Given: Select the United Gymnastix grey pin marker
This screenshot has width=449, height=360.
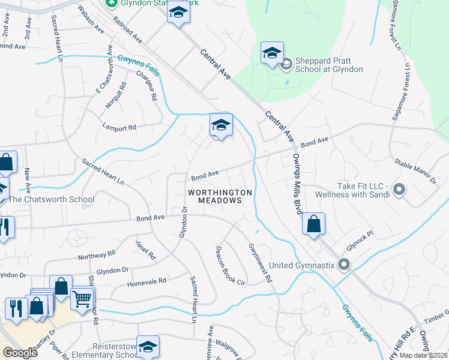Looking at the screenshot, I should [343, 264].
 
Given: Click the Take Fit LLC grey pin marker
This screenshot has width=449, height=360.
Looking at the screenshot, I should [400, 191].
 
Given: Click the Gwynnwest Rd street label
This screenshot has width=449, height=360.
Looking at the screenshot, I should [261, 263].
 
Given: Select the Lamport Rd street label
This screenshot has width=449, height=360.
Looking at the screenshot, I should [119, 127].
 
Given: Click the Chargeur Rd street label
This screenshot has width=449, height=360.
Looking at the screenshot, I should [146, 86].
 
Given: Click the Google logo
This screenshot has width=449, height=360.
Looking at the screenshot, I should [20, 352].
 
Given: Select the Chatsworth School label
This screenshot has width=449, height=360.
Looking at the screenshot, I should [50, 200].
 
